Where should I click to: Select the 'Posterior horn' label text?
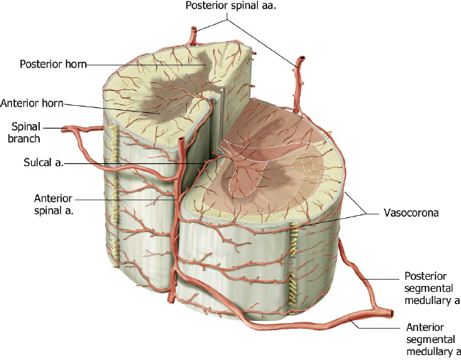52,65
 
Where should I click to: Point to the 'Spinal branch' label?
25,132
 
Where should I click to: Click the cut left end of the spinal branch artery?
66,129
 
